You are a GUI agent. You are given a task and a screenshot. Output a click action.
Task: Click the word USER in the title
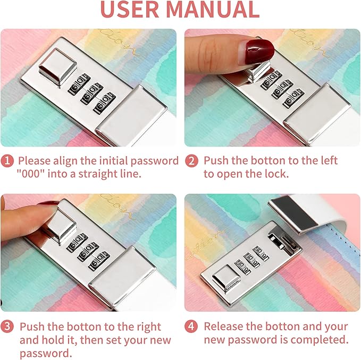click(130, 10)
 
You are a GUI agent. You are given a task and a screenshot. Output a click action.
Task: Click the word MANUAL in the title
click(213, 10)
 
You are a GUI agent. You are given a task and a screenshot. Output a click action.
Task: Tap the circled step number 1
click(7, 160)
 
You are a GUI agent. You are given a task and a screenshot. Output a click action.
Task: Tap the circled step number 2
click(191, 161)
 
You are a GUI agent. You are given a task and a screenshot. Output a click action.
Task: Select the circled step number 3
click(7, 326)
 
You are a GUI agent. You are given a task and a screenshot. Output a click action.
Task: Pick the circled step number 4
click(191, 326)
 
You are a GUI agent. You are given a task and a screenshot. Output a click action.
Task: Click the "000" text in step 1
click(31, 174)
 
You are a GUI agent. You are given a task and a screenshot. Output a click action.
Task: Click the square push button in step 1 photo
click(57, 67)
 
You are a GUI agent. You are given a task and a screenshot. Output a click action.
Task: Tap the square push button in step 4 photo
click(226, 278)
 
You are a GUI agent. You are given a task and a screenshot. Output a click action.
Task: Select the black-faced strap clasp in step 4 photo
click(296, 214)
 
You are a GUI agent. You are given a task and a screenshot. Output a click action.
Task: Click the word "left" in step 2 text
click(329, 160)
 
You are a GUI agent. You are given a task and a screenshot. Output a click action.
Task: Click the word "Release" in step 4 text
click(223, 326)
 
